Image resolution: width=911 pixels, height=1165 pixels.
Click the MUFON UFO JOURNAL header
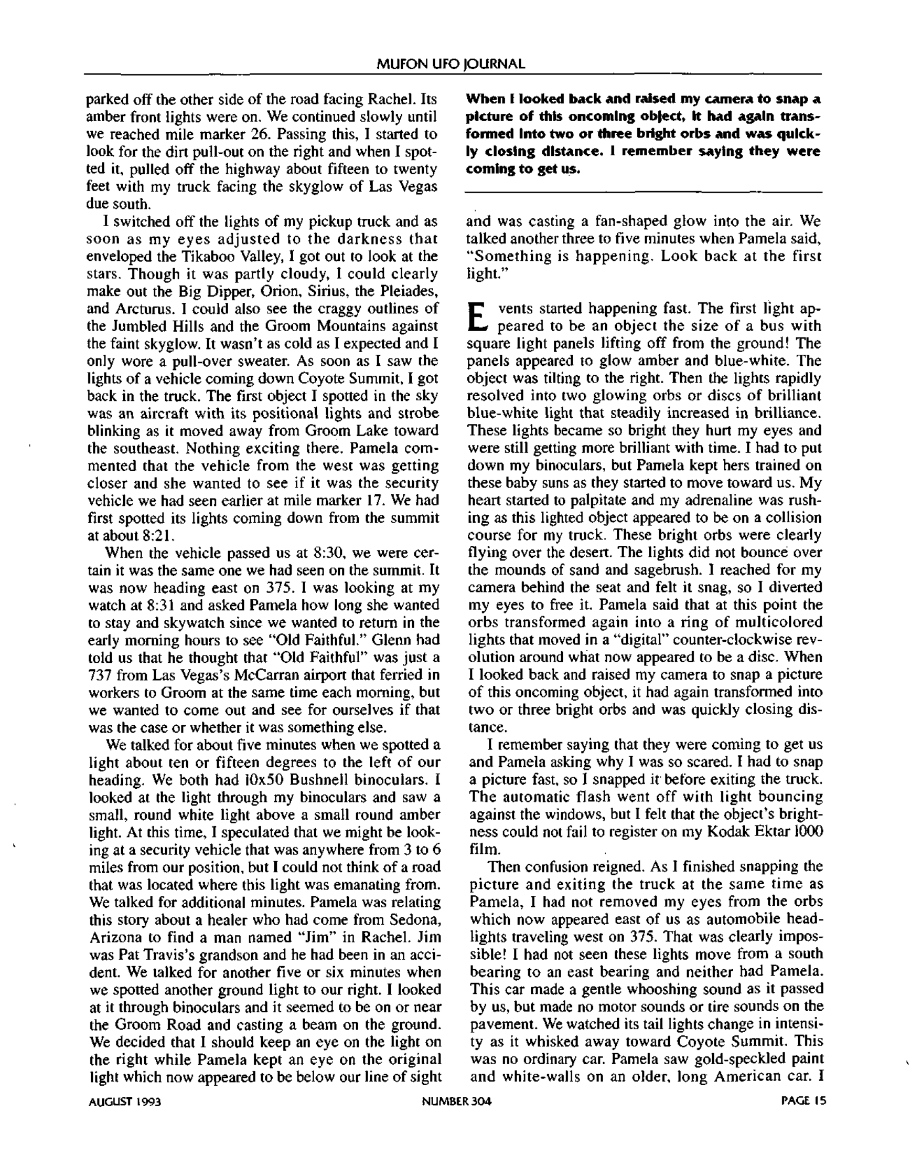click(451, 64)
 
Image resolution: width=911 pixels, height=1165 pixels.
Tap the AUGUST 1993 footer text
click(124, 1101)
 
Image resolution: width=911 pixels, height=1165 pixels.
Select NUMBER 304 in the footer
click(456, 1101)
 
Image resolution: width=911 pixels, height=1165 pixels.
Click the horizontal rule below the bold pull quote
click(644, 192)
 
